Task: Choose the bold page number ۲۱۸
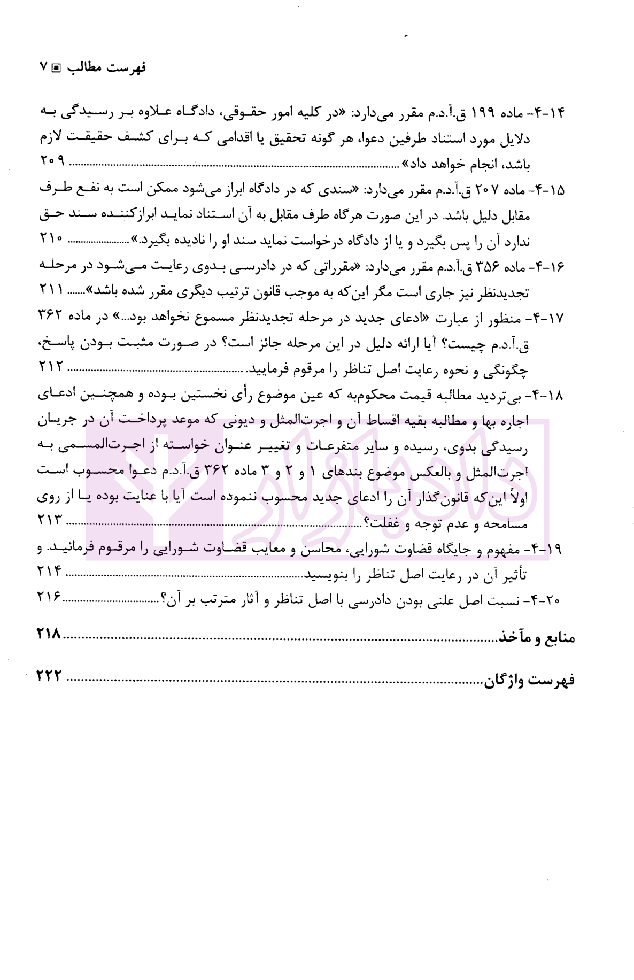click(x=50, y=635)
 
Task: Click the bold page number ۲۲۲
click(x=50, y=677)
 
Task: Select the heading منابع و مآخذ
click(x=537, y=637)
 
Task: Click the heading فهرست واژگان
click(x=530, y=680)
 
